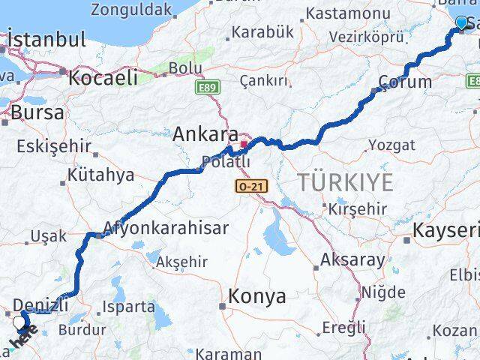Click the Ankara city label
pos(205,135)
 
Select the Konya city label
pos(257,296)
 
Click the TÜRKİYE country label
pos(345,182)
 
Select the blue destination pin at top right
pos(460,24)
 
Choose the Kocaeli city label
pos(103,77)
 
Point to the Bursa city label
pos(32,113)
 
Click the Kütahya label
pos(100,175)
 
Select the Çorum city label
pos(405,82)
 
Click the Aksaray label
pos(352,260)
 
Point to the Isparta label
pos(130,306)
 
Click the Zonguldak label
pos(131,10)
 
